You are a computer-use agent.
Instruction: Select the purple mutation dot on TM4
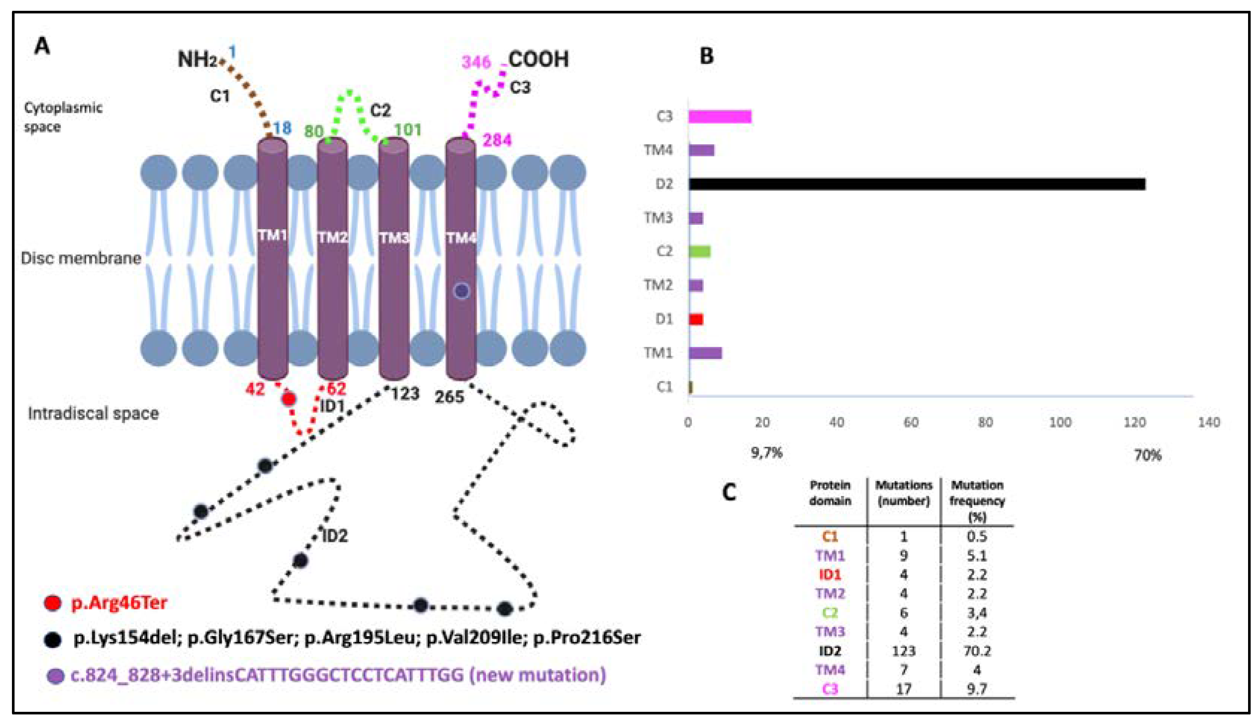(461, 291)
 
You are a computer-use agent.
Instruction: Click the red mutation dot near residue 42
(289, 399)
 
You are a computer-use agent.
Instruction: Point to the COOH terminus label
(539, 60)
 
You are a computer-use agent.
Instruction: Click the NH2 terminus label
(197, 60)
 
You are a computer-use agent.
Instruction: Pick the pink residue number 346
(476, 63)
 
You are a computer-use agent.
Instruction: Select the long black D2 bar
(917, 184)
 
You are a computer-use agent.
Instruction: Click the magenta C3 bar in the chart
(720, 117)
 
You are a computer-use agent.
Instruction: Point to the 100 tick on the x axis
(1060, 423)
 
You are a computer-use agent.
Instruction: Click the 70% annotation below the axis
(1147, 455)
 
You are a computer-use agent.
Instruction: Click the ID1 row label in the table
(830, 575)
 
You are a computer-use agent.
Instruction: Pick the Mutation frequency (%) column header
(977, 501)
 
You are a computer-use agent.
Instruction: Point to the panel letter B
(706, 56)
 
